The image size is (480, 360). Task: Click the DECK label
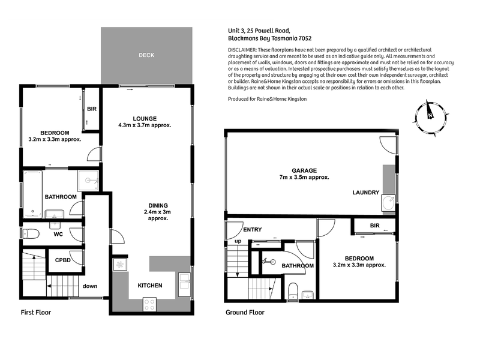pos(146,55)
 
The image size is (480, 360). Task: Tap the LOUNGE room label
pos(145,118)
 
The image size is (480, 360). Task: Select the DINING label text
pos(158,205)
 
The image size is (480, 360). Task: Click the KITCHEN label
pos(149,286)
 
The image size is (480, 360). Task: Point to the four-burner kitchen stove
pos(149,304)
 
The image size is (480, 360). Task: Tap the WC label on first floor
pos(58,234)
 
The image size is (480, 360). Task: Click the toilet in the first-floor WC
pos(31,234)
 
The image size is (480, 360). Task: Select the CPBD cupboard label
pos(63,260)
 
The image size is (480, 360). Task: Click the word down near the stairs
pos(90,286)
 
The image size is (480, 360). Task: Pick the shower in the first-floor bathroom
pos(88,181)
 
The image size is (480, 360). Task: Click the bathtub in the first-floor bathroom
pos(33,194)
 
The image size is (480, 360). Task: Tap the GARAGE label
pos(304,170)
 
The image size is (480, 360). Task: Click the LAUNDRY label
pos(366,192)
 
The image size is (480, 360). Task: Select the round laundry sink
pos(388,203)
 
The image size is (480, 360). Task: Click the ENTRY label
pos(252,229)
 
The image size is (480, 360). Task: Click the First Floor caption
pos(36,312)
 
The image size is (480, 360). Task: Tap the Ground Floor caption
pos(245,312)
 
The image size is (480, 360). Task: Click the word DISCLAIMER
pos(242,50)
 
